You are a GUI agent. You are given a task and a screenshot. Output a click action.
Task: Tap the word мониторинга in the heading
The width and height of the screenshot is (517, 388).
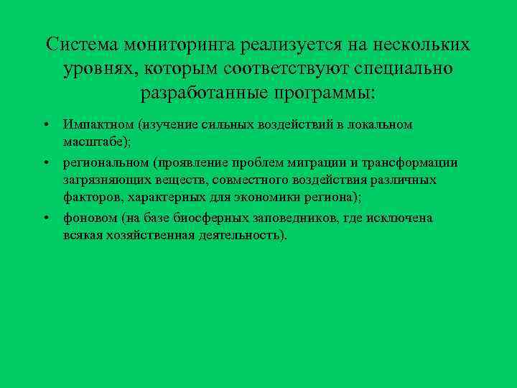point(179,45)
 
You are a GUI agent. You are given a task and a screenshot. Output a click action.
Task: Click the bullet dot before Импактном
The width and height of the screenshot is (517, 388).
point(45,124)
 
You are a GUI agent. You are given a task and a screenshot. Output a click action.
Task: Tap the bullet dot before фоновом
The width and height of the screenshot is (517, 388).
point(45,218)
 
